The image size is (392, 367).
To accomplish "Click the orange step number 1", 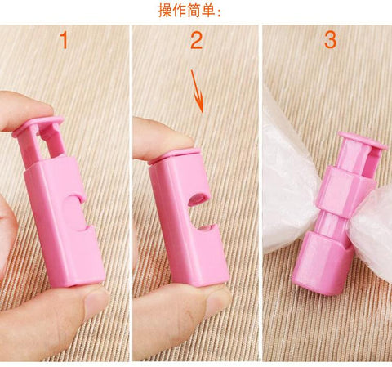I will click(x=64, y=41).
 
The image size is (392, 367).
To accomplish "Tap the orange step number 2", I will click(x=196, y=41).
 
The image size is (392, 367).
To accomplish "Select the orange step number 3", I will click(x=330, y=40).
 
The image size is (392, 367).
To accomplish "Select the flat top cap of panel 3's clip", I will click(x=360, y=141).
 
